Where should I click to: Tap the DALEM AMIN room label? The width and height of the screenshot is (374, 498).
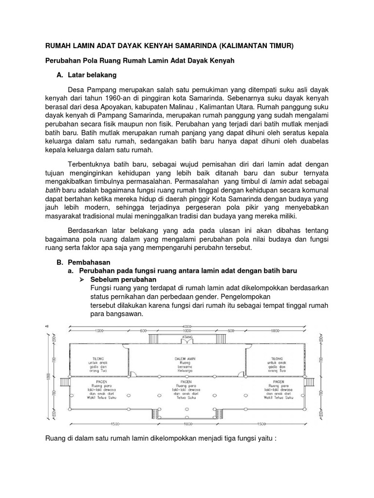(187, 358)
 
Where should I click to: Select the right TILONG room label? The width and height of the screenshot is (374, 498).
(275, 358)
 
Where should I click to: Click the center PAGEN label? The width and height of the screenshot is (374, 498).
(187, 382)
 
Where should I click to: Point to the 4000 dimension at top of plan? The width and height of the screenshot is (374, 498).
(187, 325)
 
